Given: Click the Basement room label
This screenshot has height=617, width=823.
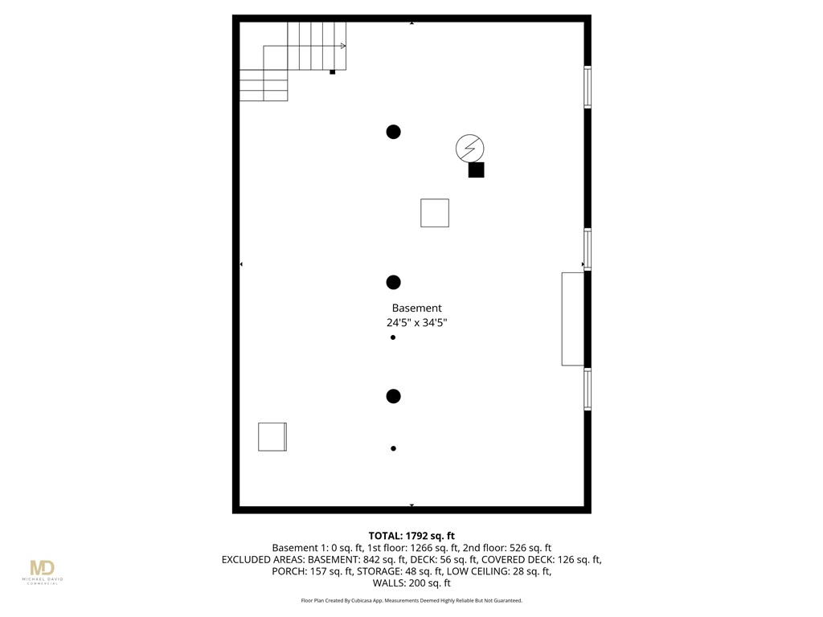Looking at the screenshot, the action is pos(417,308).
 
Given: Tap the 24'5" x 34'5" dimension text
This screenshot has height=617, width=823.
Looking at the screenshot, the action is pos(417,323).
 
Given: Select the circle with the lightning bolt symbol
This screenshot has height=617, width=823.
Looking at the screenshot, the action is pos(469,148).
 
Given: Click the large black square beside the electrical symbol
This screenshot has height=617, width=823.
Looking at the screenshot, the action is pos(476,170).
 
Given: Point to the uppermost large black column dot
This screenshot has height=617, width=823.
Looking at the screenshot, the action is pos(393,132).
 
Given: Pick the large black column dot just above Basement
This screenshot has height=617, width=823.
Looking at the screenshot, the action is pos(393,282).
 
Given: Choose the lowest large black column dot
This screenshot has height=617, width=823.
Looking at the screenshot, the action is pos(393,396).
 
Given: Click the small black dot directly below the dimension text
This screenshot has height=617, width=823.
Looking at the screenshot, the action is pos(392,337).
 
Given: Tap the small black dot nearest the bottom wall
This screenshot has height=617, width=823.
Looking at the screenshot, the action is pos(393,448).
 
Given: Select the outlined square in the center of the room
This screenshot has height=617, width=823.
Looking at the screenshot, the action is pos(435,213).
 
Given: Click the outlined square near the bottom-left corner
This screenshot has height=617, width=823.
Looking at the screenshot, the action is pos(272,436).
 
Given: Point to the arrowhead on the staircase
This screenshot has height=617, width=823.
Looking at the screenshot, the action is pos(343,46).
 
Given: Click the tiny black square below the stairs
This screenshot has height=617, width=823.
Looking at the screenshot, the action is pos(332,72).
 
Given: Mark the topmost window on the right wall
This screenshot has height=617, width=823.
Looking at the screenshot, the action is pos(588,87).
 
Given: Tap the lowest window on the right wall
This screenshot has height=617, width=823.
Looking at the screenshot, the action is pos(588,389).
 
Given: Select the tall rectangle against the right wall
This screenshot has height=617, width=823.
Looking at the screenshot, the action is pos(572,319).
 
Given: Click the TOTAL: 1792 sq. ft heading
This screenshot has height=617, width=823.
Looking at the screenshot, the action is pos(411,536).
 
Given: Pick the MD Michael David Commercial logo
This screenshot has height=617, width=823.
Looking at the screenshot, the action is pos(43,571).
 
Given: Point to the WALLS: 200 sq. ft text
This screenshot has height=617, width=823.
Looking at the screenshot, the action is pos(411,583).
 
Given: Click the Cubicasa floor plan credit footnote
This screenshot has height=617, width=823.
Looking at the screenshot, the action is pos(411,601).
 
